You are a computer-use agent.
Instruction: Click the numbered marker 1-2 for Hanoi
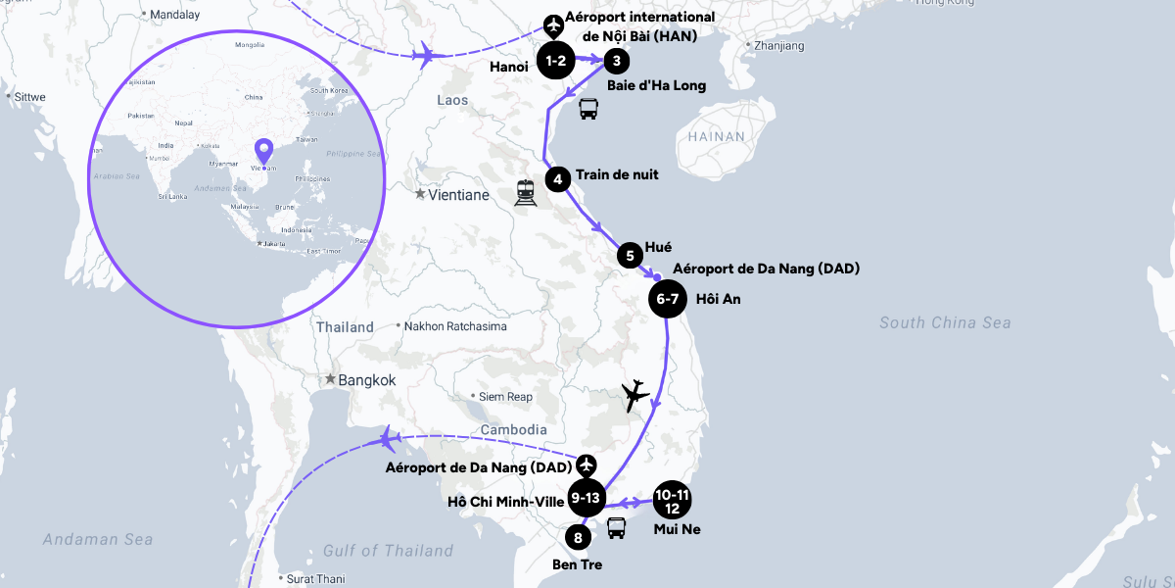pyautogui.click(x=556, y=62)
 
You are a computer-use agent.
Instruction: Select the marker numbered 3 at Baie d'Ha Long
pyautogui.click(x=615, y=62)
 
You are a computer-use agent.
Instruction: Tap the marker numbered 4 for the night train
pyautogui.click(x=557, y=179)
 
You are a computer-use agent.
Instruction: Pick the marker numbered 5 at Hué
pyautogui.click(x=630, y=256)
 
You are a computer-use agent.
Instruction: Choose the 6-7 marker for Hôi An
pyautogui.click(x=668, y=299)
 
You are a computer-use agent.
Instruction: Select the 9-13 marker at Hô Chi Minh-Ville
pyautogui.click(x=586, y=498)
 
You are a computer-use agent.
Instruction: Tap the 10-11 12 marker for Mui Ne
pyautogui.click(x=672, y=499)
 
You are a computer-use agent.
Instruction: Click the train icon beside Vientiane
pyautogui.click(x=526, y=193)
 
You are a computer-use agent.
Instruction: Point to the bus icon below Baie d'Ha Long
pyautogui.click(x=587, y=109)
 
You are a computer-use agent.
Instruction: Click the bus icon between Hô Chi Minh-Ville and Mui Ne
pyautogui.click(x=616, y=528)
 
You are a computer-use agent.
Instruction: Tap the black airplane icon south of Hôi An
pyautogui.click(x=635, y=395)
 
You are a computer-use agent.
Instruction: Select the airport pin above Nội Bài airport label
pyautogui.click(x=554, y=24)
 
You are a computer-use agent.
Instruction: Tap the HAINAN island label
pyautogui.click(x=716, y=137)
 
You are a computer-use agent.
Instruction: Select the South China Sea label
pyautogui.click(x=945, y=322)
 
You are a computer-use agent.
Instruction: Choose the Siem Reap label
pyautogui.click(x=505, y=397)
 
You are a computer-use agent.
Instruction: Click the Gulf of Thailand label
pyautogui.click(x=389, y=551)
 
